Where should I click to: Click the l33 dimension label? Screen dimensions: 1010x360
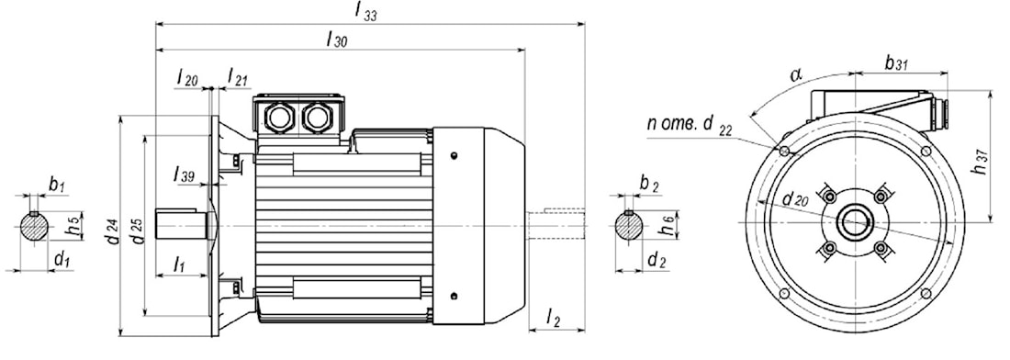(x=365, y=12)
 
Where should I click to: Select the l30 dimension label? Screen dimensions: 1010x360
(x=337, y=39)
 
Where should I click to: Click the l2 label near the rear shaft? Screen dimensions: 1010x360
(x=554, y=316)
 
